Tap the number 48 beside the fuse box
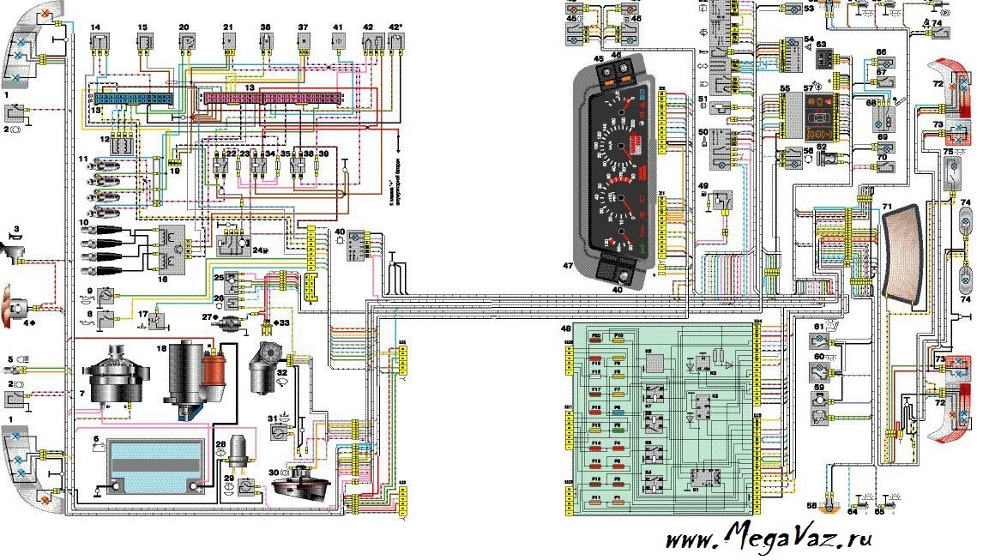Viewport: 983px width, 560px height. (x=565, y=328)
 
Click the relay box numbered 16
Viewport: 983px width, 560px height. (x=166, y=247)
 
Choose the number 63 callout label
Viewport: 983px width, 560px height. (x=821, y=43)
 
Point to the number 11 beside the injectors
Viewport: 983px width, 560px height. (x=83, y=160)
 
